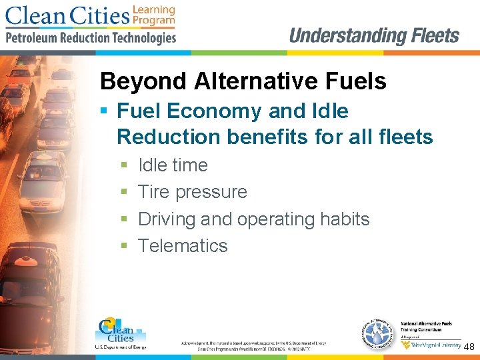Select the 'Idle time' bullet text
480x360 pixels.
point(173,165)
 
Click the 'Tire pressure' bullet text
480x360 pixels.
point(192,192)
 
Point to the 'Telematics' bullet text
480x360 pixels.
point(183,245)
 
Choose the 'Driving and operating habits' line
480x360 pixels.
point(253,219)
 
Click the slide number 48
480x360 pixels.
point(469,347)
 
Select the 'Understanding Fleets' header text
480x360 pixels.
point(374,36)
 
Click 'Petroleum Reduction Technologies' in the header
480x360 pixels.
point(91,37)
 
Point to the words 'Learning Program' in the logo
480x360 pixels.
point(153,15)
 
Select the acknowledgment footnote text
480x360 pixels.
point(253,345)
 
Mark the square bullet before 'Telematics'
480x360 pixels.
point(124,246)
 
